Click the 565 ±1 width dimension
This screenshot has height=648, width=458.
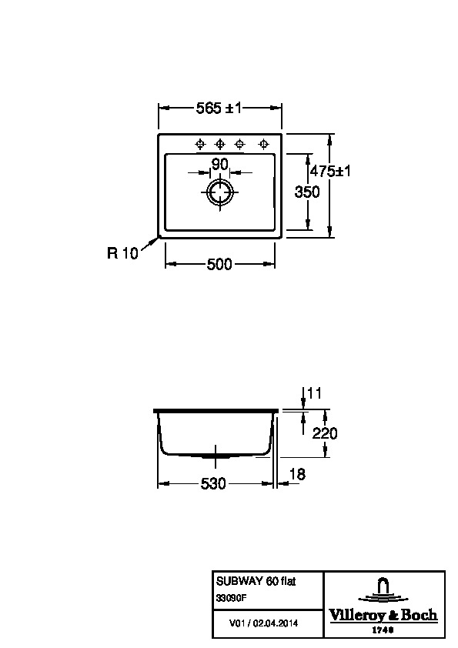[219, 109]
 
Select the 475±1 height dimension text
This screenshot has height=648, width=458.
[330, 171]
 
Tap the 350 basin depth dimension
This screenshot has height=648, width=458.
[306, 192]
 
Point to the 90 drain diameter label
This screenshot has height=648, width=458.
[219, 164]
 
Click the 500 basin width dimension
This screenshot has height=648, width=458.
[219, 264]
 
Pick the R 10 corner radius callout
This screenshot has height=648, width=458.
[122, 252]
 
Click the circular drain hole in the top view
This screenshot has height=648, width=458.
[219, 192]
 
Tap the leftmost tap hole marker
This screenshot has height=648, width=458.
[200, 144]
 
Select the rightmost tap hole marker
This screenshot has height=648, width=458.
[263, 144]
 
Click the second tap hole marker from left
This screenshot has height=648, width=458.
[220, 144]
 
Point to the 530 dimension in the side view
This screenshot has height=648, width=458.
[213, 483]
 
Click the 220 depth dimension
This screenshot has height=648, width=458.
[325, 433]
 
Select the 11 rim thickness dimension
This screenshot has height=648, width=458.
[315, 392]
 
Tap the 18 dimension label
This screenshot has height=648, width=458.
[297, 474]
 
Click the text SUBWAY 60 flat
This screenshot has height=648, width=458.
[256, 581]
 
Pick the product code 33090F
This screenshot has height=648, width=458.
[231, 596]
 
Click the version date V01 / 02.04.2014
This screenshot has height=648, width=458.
[263, 623]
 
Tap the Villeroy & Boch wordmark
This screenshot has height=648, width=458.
[383, 616]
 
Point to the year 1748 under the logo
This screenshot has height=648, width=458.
[383, 630]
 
